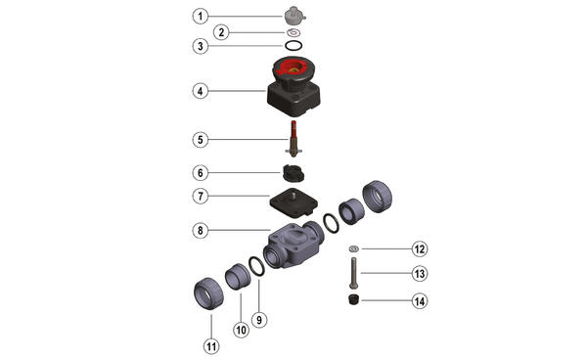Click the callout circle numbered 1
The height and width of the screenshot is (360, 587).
click(201, 17)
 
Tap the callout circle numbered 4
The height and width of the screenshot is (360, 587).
click(201, 91)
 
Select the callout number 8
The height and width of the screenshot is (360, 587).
click(201, 231)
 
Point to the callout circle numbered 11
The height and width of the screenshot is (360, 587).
click(211, 346)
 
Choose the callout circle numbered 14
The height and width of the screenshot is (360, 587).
click(420, 301)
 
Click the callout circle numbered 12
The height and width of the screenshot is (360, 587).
click(420, 248)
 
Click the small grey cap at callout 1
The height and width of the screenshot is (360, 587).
click(294, 16)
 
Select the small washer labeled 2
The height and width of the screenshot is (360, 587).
click(293, 32)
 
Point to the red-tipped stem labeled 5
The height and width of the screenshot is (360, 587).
click(293, 138)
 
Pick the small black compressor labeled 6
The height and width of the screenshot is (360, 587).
click(293, 173)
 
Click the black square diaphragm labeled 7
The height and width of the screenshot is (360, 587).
click(293, 203)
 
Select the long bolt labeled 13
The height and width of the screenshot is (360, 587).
click(353, 273)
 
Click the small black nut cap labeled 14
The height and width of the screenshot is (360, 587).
click(354, 299)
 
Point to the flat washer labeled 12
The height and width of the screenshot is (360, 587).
click(353, 248)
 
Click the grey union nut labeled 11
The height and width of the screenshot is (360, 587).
click(208, 293)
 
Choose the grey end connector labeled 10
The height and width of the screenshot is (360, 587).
click(238, 277)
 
